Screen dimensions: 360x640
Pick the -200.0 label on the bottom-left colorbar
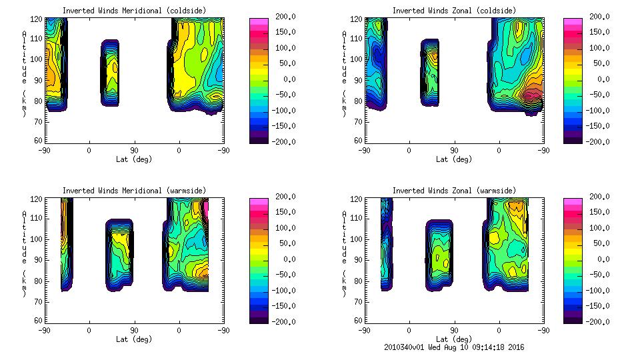[286, 321]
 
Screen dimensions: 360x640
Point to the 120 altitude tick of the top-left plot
[37, 17]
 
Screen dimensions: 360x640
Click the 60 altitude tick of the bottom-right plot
[357, 321]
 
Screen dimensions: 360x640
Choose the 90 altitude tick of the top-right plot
[357, 79]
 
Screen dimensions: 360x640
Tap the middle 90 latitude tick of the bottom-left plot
[134, 330]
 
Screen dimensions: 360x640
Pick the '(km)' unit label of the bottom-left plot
[24, 278]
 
